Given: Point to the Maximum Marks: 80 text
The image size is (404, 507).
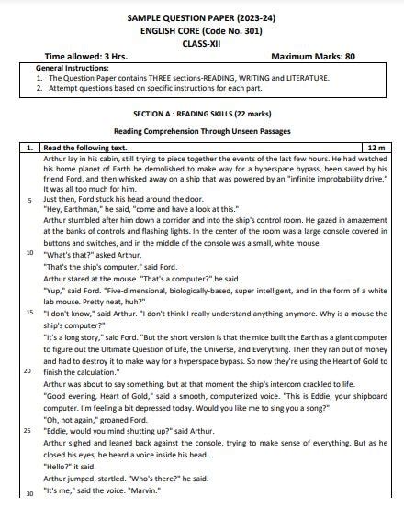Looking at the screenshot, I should pos(312,56).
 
